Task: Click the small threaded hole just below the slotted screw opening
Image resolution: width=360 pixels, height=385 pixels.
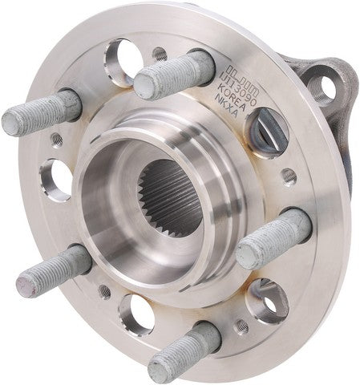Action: pos(289,175)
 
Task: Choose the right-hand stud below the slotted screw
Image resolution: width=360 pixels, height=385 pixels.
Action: pos(273,238)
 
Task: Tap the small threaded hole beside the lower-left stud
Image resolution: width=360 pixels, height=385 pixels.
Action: pos(104,290)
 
